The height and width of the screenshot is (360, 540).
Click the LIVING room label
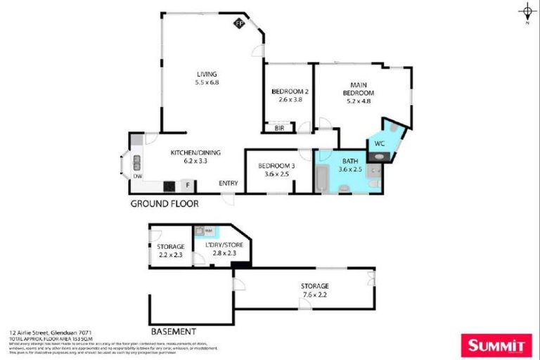[x=207, y=74]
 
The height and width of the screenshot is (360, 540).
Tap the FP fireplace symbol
[x=239, y=23]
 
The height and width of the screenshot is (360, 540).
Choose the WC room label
[x=379, y=143]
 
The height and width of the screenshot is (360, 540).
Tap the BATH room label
[x=349, y=162]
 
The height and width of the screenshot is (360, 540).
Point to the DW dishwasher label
[x=138, y=176]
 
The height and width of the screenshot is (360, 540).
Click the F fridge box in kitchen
[x=188, y=186]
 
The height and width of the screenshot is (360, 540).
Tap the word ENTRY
[x=228, y=184]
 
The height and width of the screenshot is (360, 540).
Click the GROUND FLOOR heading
[x=165, y=203]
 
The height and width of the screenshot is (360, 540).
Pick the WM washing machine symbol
[x=199, y=230]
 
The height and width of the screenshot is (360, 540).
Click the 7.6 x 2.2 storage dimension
[x=314, y=295]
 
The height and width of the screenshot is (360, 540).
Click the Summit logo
[x=495, y=345]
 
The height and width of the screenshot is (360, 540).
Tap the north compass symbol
[x=527, y=11]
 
